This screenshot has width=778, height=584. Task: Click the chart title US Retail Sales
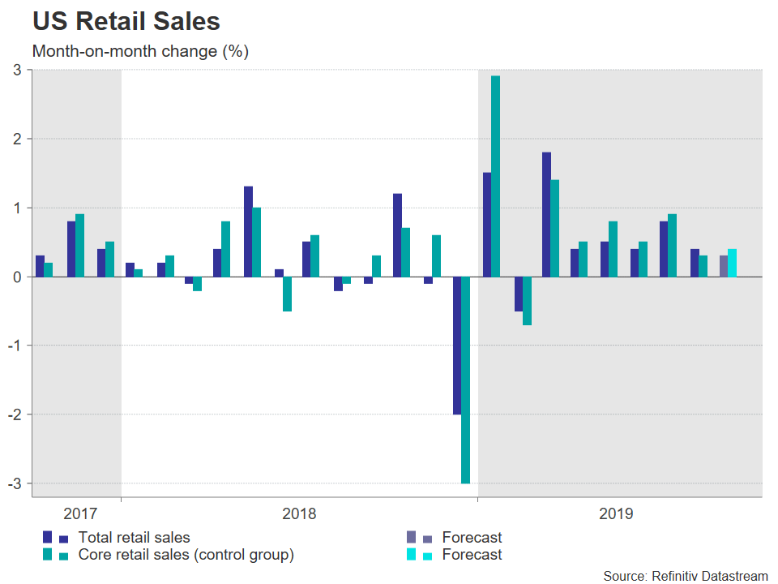pyautogui.click(x=126, y=21)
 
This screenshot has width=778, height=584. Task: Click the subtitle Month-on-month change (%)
pyautogui.click(x=140, y=51)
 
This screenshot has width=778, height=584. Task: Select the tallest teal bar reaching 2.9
pyautogui.click(x=495, y=176)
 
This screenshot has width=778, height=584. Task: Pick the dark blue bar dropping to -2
pyautogui.click(x=457, y=346)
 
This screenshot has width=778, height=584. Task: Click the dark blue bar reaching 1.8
pyautogui.click(x=546, y=214)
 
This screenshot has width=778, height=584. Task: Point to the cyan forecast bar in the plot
pyautogui.click(x=732, y=263)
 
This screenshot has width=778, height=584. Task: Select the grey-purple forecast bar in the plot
pyautogui.click(x=724, y=266)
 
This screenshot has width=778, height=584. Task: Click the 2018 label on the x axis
pyautogui.click(x=299, y=513)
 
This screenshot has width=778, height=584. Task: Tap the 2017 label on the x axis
pyautogui.click(x=79, y=513)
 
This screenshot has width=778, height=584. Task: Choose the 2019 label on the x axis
pyautogui.click(x=616, y=513)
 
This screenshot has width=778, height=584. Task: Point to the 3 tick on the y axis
pyautogui.click(x=16, y=71)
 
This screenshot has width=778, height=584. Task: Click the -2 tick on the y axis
pyautogui.click(x=14, y=414)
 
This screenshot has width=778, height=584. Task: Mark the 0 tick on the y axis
pyautogui.click(x=16, y=277)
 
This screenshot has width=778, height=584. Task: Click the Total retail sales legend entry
pyautogui.click(x=134, y=537)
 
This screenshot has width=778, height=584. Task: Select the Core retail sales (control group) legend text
pyautogui.click(x=186, y=555)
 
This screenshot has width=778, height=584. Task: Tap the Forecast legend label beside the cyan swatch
pyautogui.click(x=472, y=555)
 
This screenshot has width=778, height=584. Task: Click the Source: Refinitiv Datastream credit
pyautogui.click(x=685, y=575)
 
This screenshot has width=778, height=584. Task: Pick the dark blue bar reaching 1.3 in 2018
pyautogui.click(x=248, y=232)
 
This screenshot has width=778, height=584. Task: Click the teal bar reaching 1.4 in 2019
pyautogui.click(x=554, y=228)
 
